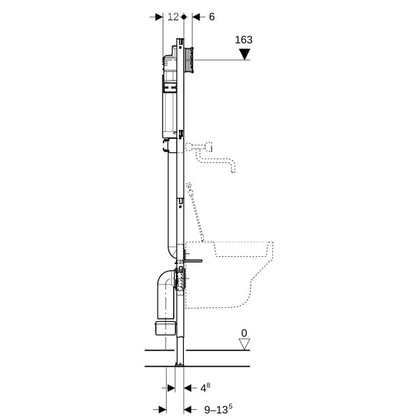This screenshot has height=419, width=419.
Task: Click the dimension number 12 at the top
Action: [173, 17]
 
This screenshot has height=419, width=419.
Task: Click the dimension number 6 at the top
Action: [212, 17]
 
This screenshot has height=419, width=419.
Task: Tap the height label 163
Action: [244, 40]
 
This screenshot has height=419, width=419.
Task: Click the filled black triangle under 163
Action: [244, 54]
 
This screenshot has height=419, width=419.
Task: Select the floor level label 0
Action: [244, 333]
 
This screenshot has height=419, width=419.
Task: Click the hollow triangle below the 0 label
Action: [244, 344]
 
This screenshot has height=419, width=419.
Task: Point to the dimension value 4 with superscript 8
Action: [205, 388]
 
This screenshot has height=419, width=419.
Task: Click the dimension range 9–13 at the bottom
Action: [218, 409]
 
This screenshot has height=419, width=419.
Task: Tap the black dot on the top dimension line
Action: [184, 17]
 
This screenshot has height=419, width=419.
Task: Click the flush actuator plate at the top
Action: [189, 60]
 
